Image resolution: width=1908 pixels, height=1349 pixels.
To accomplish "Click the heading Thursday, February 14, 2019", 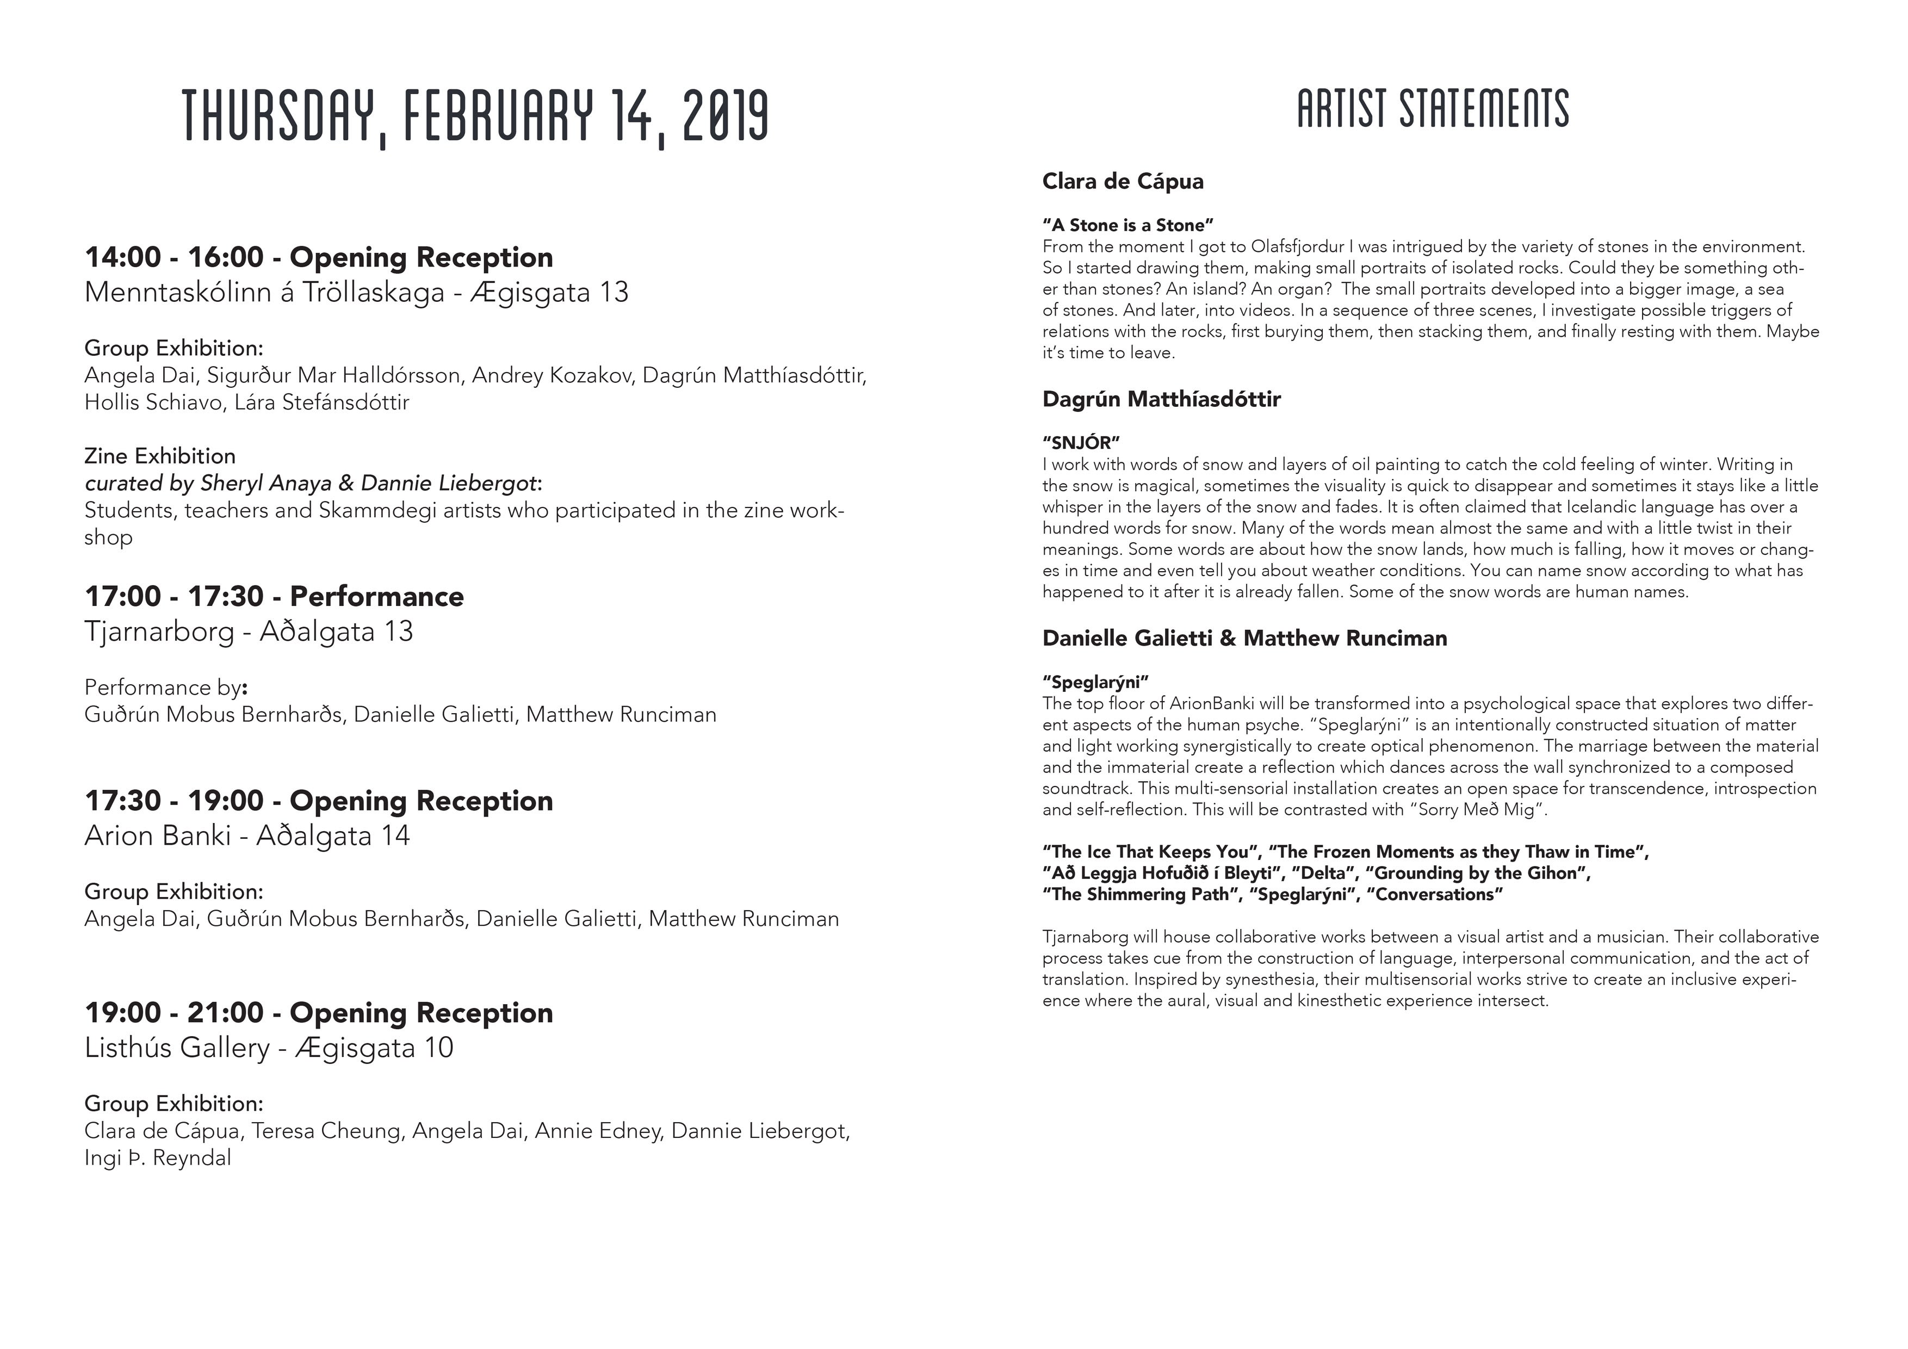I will pyautogui.click(x=475, y=116).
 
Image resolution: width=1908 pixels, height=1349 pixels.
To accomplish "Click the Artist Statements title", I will pyautogui.click(x=1433, y=109).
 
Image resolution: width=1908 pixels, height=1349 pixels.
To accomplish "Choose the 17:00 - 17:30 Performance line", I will pyautogui.click(x=274, y=597).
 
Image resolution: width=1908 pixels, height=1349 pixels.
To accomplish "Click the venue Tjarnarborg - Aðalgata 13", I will pyautogui.click(x=249, y=632).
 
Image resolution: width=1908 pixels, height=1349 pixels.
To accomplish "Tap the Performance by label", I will pyautogui.click(x=165, y=688).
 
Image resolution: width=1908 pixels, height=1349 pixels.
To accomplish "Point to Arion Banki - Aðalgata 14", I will pyautogui.click(x=247, y=836).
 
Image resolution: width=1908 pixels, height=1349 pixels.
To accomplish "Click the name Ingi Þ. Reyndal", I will pyautogui.click(x=158, y=1159).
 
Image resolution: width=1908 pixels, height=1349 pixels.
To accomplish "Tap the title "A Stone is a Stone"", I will pyautogui.click(x=1128, y=225).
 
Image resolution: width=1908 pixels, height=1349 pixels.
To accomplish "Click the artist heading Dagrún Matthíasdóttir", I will pyautogui.click(x=1161, y=400).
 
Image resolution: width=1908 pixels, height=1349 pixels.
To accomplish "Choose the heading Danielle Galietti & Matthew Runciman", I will pyautogui.click(x=1244, y=639).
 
